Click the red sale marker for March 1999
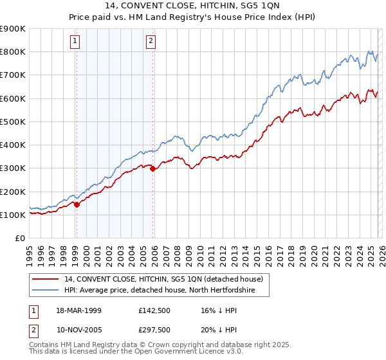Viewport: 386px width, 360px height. pyautogui.click(x=77, y=205)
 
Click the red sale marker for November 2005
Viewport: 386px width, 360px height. pyautogui.click(x=152, y=169)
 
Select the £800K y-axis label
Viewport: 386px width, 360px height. pyautogui.click(x=13, y=51)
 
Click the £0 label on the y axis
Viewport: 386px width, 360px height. pyautogui.click(x=21, y=239)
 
